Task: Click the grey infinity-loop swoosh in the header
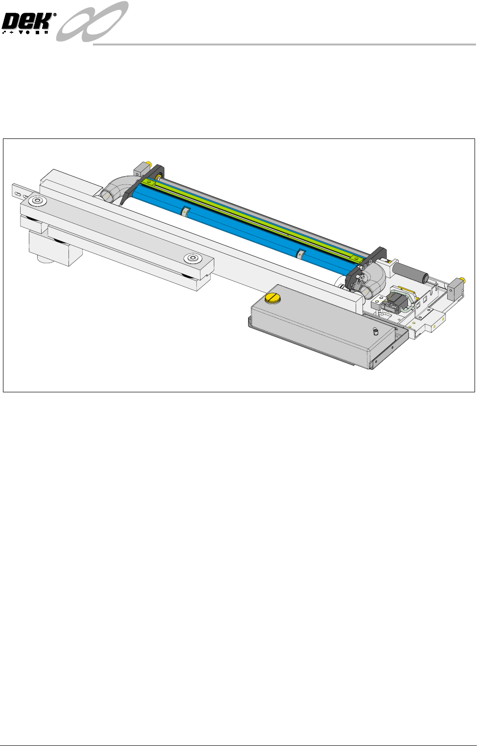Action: click(x=92, y=21)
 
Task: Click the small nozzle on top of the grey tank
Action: click(x=376, y=331)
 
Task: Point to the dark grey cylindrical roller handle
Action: click(x=411, y=272)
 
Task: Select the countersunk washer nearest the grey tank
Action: click(x=193, y=258)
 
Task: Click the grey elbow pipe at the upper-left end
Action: click(x=116, y=188)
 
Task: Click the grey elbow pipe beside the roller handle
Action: click(x=373, y=281)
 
